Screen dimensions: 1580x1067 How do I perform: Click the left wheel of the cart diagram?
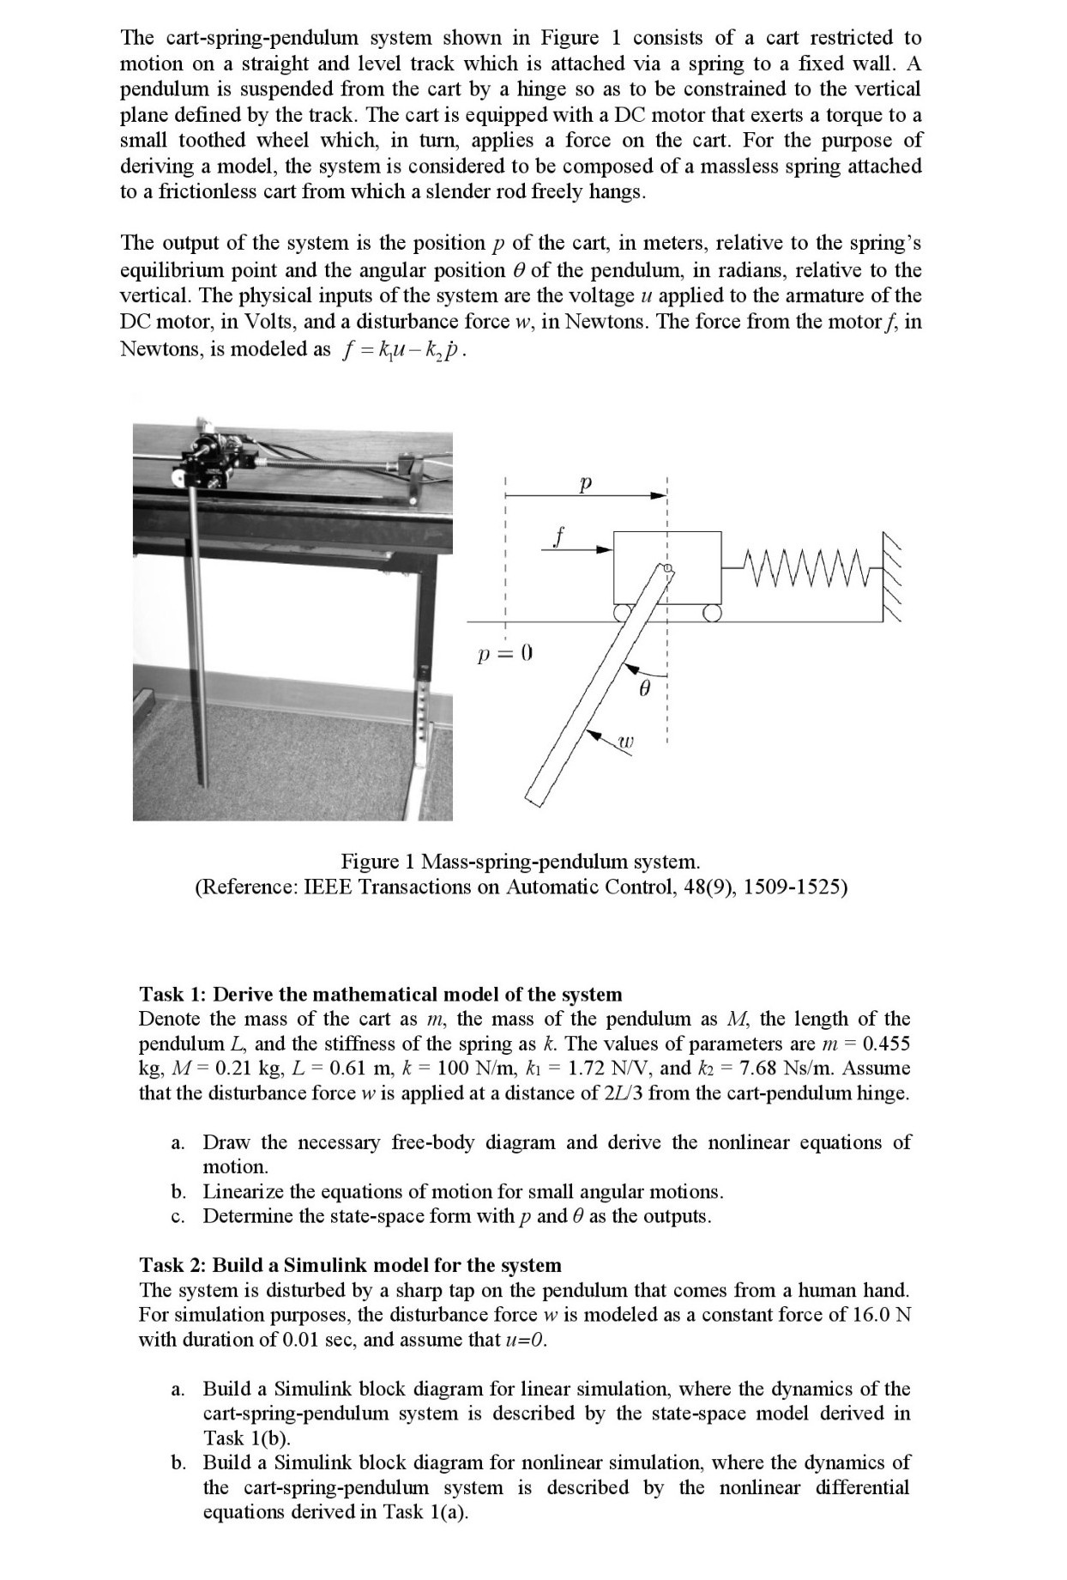(623, 612)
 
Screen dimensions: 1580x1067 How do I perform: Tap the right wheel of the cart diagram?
(711, 612)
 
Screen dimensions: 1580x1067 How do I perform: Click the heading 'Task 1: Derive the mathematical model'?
(380, 994)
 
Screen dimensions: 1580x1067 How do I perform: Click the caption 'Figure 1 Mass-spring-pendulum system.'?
(521, 861)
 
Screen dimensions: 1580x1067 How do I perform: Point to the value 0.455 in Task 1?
(886, 1044)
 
